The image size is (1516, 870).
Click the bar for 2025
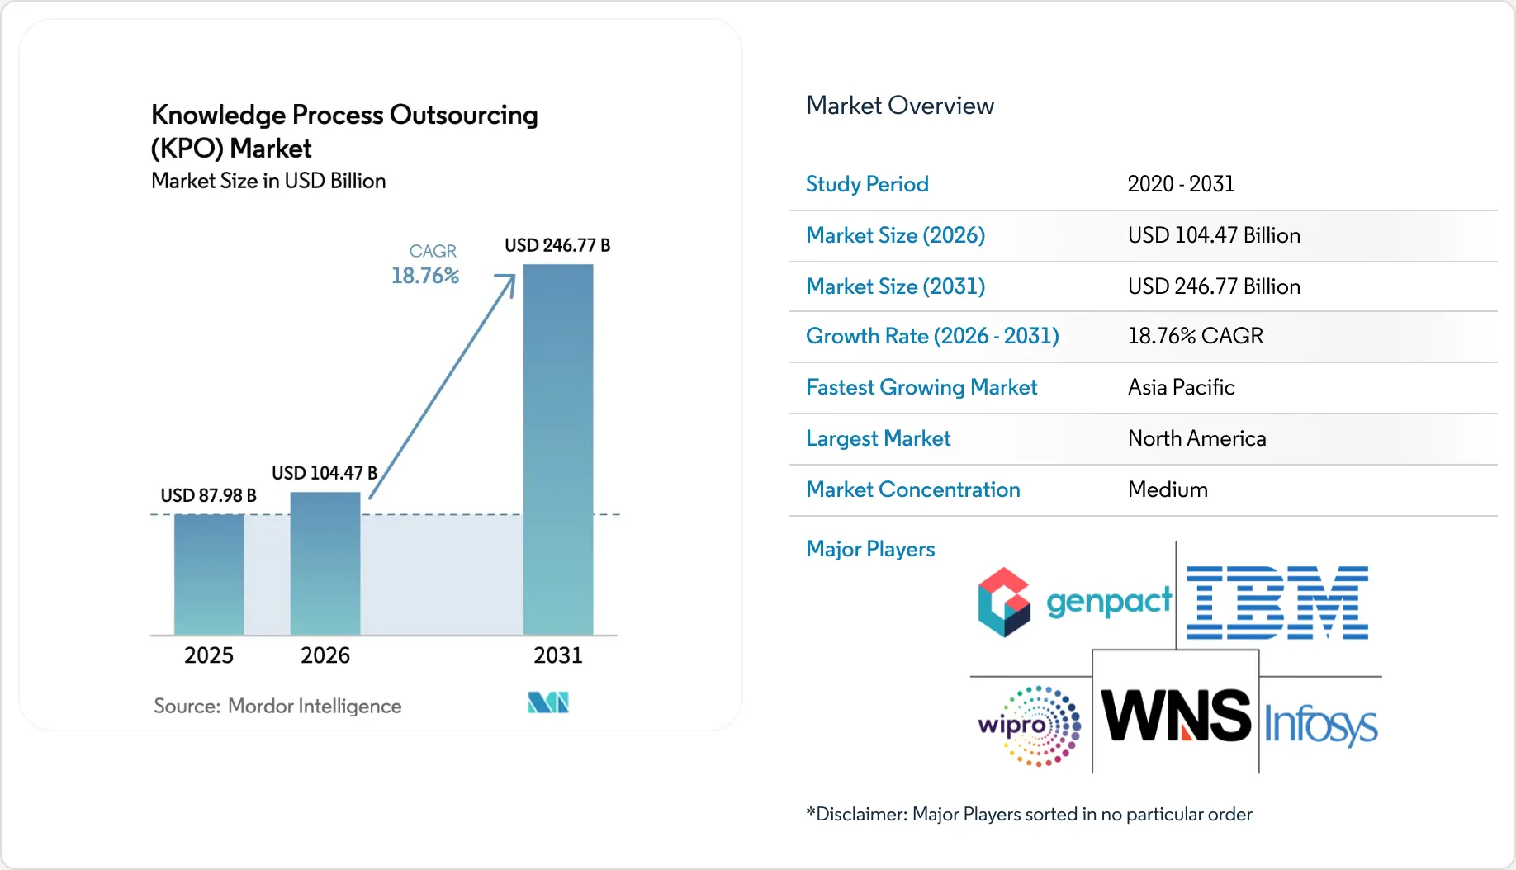coord(209,574)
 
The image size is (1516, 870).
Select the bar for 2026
coord(325,564)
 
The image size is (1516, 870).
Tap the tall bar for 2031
coord(558,449)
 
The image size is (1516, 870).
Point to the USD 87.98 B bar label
coord(208,495)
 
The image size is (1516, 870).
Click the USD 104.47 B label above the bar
coord(325,473)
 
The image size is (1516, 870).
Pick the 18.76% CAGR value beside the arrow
coord(425,276)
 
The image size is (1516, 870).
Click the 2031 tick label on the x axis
coord(558,655)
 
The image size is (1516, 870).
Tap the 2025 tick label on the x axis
coord(209,655)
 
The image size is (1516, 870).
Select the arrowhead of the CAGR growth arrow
coord(507,282)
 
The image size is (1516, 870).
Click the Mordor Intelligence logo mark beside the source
coord(548,702)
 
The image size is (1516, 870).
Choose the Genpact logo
coord(1074,602)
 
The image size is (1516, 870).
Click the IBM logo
coord(1277,603)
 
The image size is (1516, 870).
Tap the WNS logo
coord(1176,715)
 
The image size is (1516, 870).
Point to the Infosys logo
coord(1320,725)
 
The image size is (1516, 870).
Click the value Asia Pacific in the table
coord(1181,387)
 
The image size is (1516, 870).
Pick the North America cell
coord(1196,438)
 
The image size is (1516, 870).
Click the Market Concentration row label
coord(912,489)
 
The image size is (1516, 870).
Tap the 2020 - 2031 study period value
coord(1181,184)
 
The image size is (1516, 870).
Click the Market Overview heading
coord(899,106)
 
